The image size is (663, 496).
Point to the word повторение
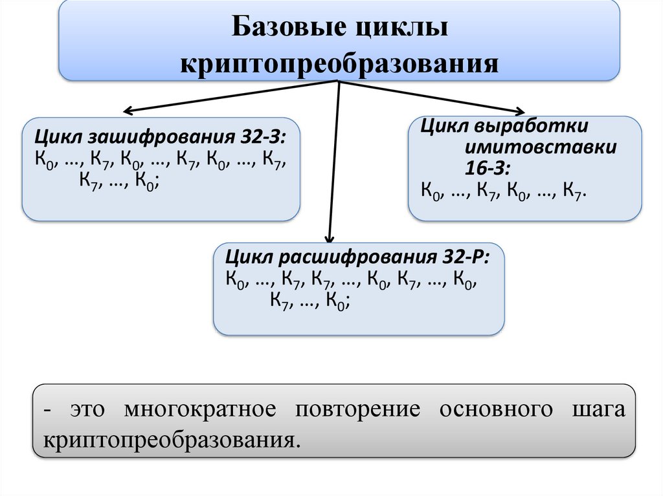pos(358,409)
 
